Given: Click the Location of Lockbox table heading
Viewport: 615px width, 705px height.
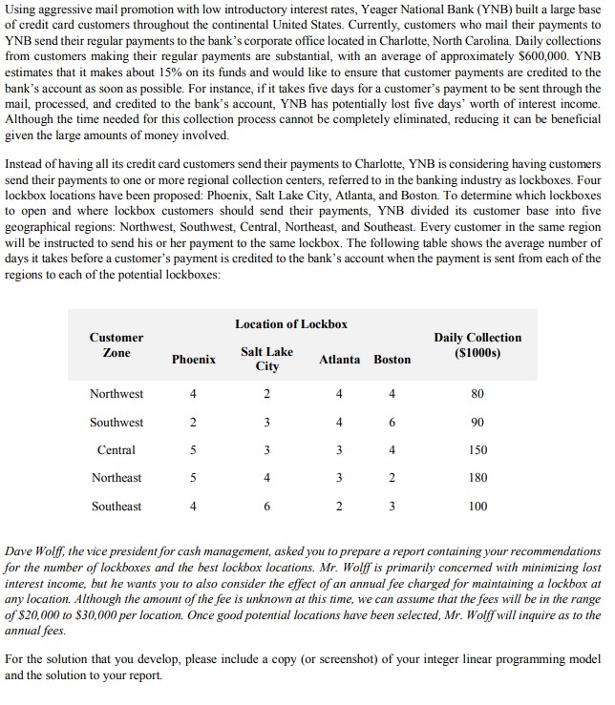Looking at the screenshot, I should click(291, 324).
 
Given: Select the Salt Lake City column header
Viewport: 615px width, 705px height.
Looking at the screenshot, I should click(266, 359).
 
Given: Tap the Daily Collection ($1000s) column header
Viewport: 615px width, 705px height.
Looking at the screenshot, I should click(477, 344).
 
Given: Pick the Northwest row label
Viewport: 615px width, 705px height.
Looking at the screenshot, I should click(117, 394).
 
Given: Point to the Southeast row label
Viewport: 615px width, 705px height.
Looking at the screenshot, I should click(117, 506).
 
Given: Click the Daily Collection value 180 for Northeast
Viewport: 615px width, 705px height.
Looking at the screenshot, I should click(478, 478).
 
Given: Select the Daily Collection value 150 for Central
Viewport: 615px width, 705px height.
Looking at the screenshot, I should click(478, 450).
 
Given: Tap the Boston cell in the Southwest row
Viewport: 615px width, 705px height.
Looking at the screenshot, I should click(392, 423).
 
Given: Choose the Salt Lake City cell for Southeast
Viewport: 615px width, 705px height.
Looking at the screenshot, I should click(266, 506).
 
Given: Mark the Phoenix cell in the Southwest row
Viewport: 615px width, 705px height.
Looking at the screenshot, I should click(193, 423).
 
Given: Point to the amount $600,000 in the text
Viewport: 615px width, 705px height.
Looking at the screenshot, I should click(543, 56).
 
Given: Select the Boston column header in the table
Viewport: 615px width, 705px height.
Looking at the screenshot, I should click(392, 359).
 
